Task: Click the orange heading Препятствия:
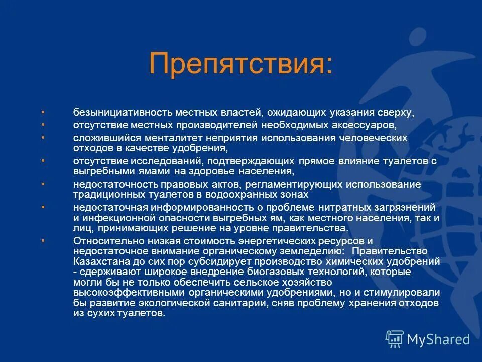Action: point(240,65)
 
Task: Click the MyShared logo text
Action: point(438,339)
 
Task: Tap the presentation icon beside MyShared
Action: point(395,339)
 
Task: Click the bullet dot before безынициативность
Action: point(43,111)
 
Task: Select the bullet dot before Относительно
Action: point(43,241)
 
